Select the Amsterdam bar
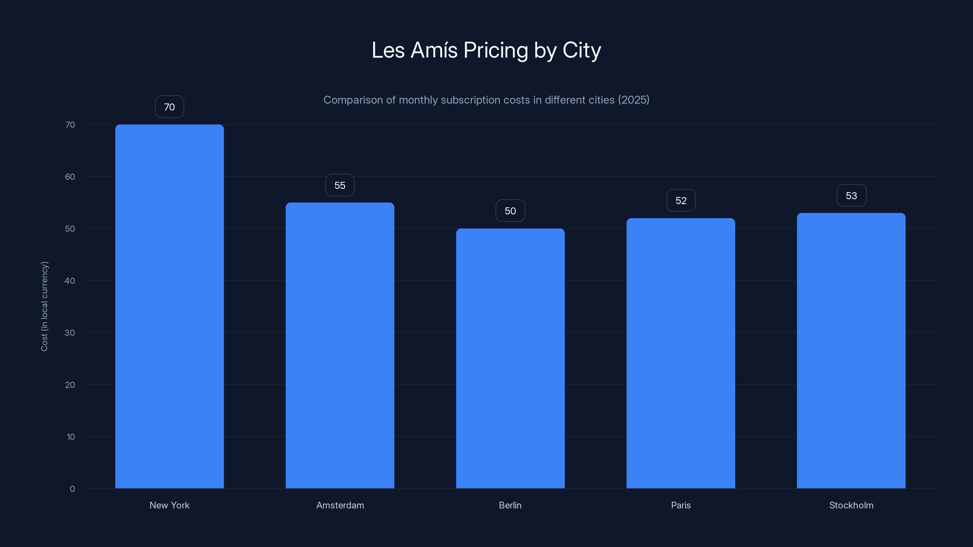(340, 346)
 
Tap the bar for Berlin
(510, 359)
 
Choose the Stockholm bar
(851, 350)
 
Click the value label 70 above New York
(169, 107)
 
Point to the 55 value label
(340, 185)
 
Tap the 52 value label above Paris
(681, 201)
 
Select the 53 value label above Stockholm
(851, 195)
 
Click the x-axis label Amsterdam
(340, 505)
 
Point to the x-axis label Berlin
(510, 505)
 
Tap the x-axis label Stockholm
(851, 505)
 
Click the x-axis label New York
(169, 505)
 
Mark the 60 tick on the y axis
(70, 177)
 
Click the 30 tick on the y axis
(70, 332)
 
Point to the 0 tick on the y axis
(72, 489)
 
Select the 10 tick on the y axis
(71, 437)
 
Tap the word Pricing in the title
(496, 50)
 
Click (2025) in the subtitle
(633, 100)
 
